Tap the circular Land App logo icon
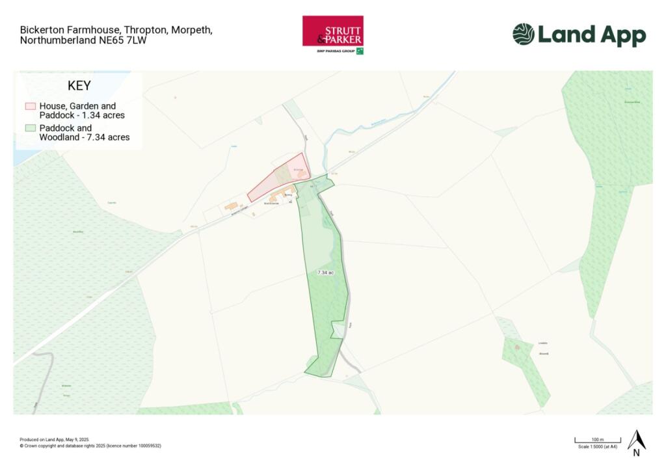523,34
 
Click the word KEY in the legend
79,86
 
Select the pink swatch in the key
31,105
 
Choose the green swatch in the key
31,128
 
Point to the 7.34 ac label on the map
325,273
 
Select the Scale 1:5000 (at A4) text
597,447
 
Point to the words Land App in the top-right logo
592,35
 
